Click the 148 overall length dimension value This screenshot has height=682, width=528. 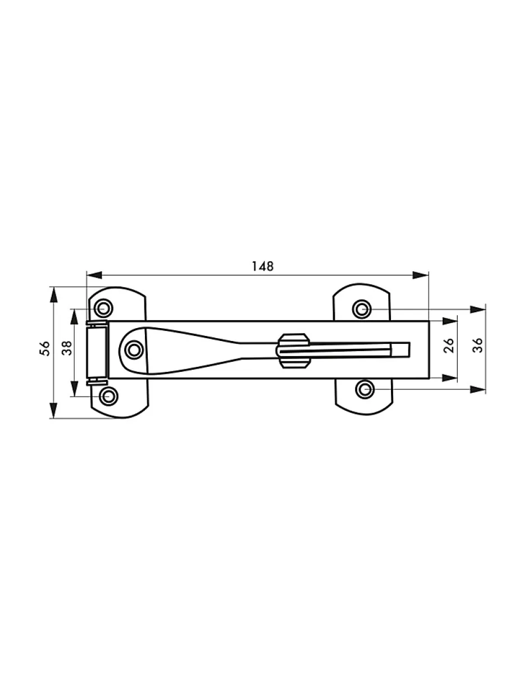(262, 266)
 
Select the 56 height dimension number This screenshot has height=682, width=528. (45, 348)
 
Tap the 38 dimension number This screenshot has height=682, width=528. (67, 349)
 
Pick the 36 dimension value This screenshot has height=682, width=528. (477, 345)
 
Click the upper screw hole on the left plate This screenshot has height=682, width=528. (103, 308)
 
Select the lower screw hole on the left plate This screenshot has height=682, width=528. (108, 397)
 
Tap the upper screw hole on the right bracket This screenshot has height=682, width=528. (362, 308)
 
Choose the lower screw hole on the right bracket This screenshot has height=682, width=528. (365, 389)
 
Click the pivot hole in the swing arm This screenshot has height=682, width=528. (134, 350)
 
